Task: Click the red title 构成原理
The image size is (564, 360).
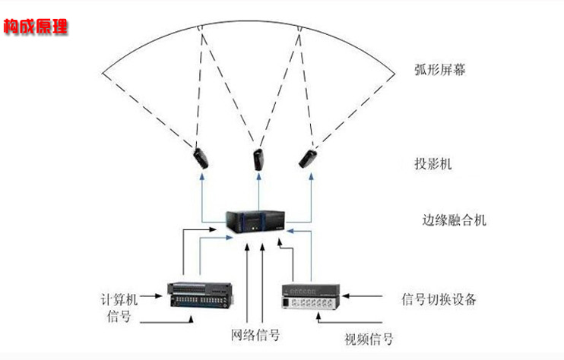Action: coord(36,27)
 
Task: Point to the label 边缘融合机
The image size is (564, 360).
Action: coord(454,221)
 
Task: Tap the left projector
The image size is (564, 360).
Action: coord(201,157)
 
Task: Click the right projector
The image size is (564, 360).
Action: coord(309,157)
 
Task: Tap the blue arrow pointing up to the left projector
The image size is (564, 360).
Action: coord(201,194)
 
